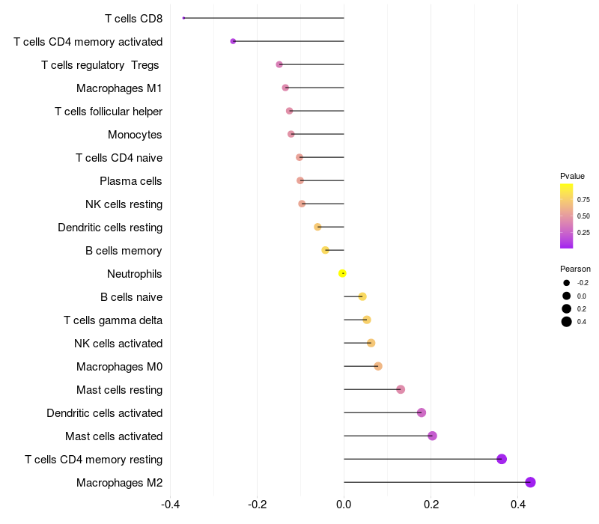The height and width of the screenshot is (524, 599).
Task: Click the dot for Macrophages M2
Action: coord(530,482)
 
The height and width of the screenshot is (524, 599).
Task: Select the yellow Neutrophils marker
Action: coord(342,273)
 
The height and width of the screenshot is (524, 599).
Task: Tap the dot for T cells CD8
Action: coord(183,18)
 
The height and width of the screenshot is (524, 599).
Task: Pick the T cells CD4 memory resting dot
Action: coord(502,459)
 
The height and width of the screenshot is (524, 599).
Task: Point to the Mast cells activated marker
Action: coord(432,436)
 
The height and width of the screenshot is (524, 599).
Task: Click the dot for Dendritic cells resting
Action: coord(317,227)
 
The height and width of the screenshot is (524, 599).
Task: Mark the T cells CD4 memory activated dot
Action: coord(233,41)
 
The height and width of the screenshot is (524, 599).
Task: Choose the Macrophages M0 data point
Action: coord(378,366)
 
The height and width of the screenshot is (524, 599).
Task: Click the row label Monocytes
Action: coord(135,135)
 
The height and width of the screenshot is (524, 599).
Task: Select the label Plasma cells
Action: coord(130,181)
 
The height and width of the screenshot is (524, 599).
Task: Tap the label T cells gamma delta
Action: coord(113,320)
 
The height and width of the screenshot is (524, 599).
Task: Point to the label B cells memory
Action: coord(124,251)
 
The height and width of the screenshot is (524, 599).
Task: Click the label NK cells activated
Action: coord(118,344)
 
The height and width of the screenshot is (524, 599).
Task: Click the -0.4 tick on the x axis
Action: coord(170,505)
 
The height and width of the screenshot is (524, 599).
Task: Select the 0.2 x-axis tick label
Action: coord(431,505)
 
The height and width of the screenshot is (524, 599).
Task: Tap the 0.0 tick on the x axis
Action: coord(344,505)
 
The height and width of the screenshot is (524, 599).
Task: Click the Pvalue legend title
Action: coord(572,176)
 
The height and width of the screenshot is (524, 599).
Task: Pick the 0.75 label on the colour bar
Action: coord(583,200)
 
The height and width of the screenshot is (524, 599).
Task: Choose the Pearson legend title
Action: coord(575,269)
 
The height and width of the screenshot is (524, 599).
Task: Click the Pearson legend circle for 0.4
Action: coord(567,322)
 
